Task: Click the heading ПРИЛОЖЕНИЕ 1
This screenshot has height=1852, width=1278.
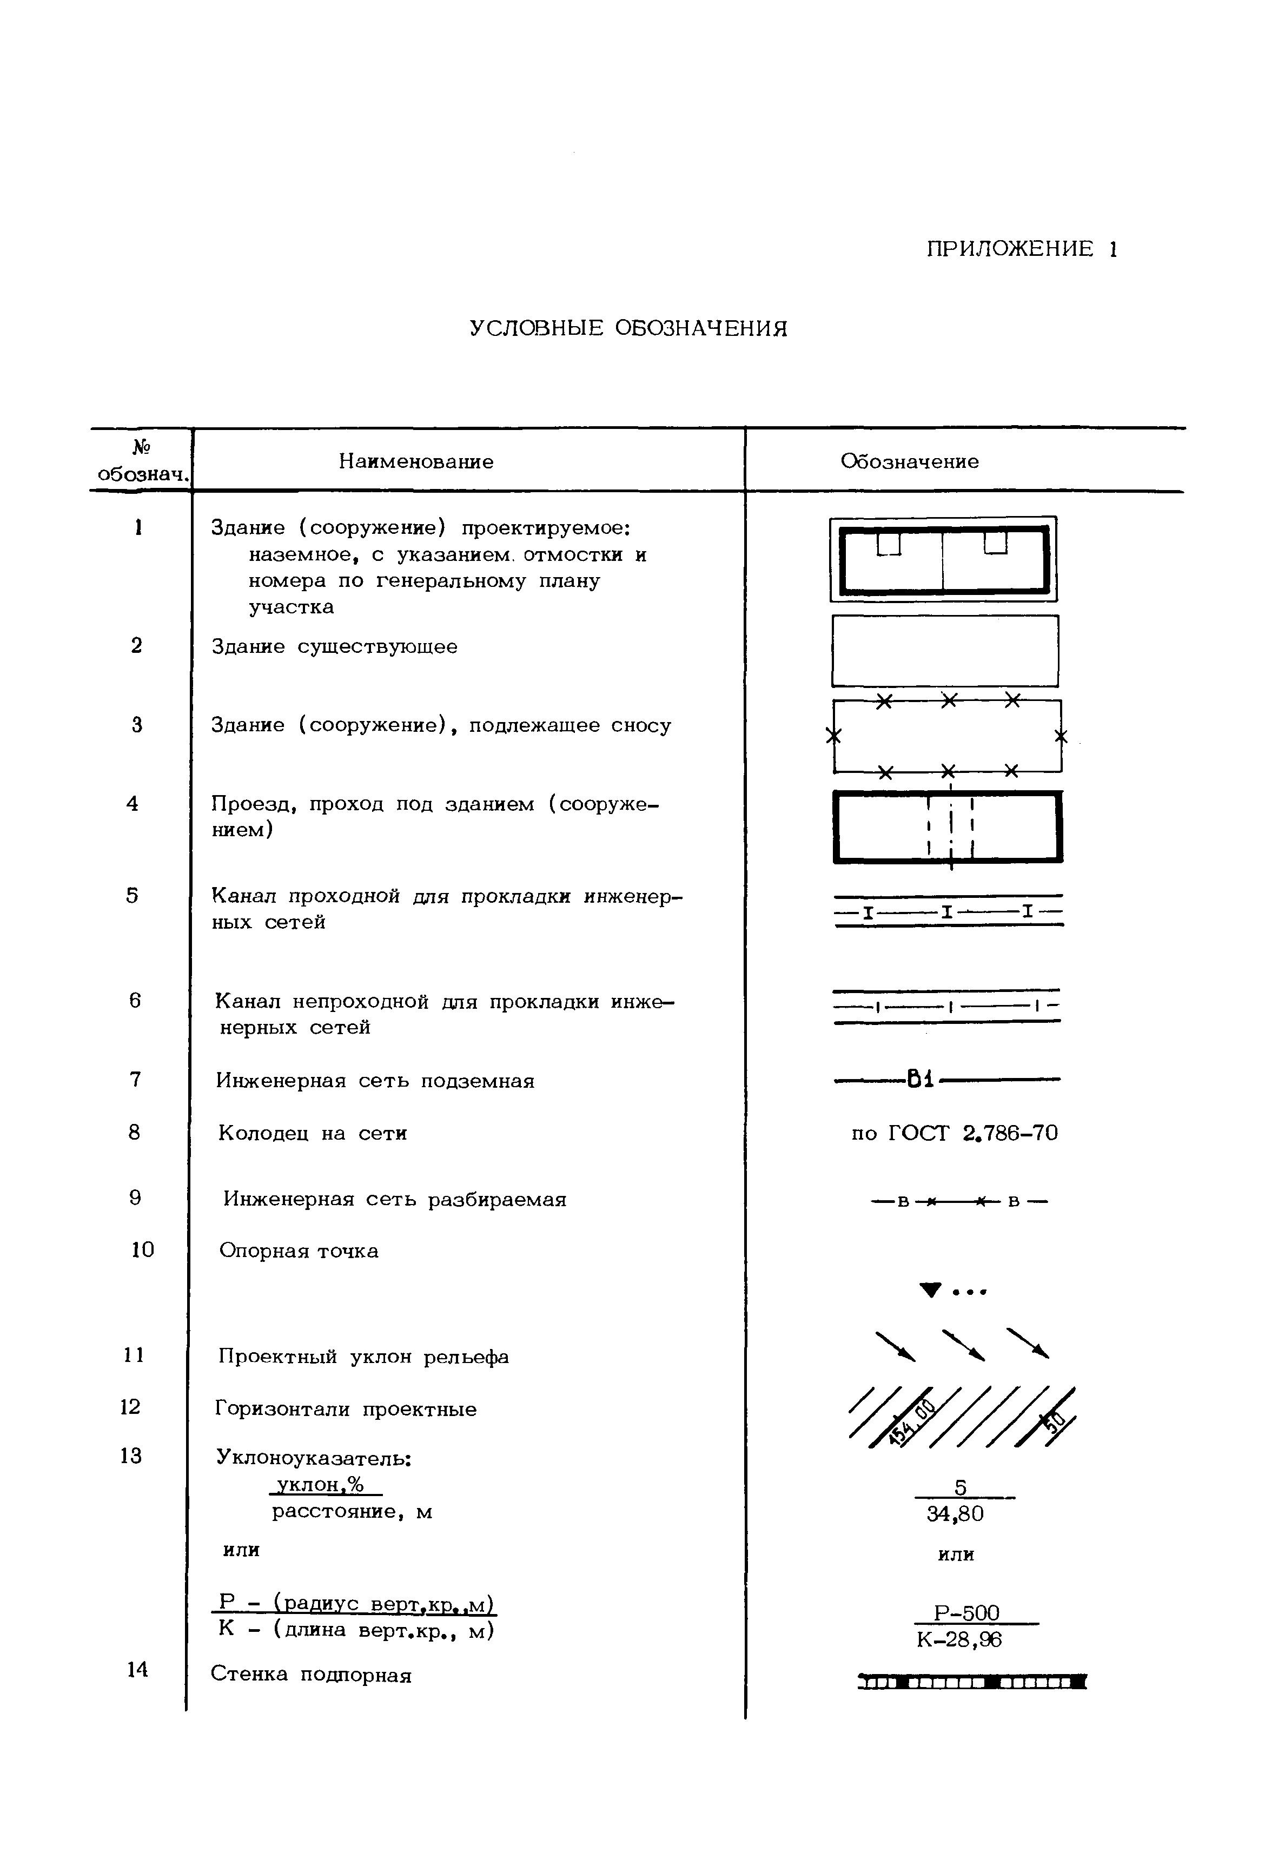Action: click(1021, 249)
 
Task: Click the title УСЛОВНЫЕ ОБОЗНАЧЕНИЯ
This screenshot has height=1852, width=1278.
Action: click(628, 328)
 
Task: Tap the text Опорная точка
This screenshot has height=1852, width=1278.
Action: click(299, 1251)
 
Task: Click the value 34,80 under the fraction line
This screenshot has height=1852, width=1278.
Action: click(955, 1514)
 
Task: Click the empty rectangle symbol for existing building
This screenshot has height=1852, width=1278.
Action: click(945, 651)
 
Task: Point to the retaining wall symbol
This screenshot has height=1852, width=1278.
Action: click(971, 1681)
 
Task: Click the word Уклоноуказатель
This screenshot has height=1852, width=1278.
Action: click(313, 1458)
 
